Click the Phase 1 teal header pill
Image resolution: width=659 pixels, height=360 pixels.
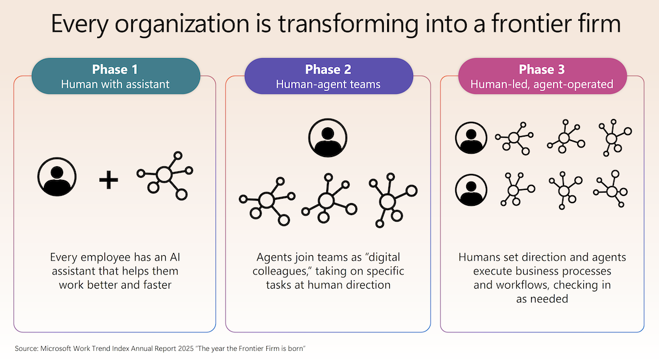[116, 76]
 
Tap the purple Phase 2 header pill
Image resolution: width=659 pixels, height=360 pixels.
[328, 76]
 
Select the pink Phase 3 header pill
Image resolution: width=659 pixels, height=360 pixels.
[542, 76]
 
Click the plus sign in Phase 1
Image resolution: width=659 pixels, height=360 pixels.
[109, 180]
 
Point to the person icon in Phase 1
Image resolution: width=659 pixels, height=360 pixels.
[57, 177]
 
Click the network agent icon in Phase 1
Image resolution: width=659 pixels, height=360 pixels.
[165, 176]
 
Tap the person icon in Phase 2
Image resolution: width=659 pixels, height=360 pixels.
[328, 138]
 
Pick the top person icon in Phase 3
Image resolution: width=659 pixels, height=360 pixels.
[471, 138]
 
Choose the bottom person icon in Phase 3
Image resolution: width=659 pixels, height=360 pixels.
[471, 190]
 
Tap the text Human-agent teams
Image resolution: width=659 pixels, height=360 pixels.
[328, 85]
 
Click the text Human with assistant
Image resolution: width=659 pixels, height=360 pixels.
[115, 85]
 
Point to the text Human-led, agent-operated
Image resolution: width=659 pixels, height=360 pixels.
[541, 85]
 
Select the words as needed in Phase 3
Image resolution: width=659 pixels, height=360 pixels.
[542, 299]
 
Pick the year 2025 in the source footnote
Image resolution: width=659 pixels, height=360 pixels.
[186, 348]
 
